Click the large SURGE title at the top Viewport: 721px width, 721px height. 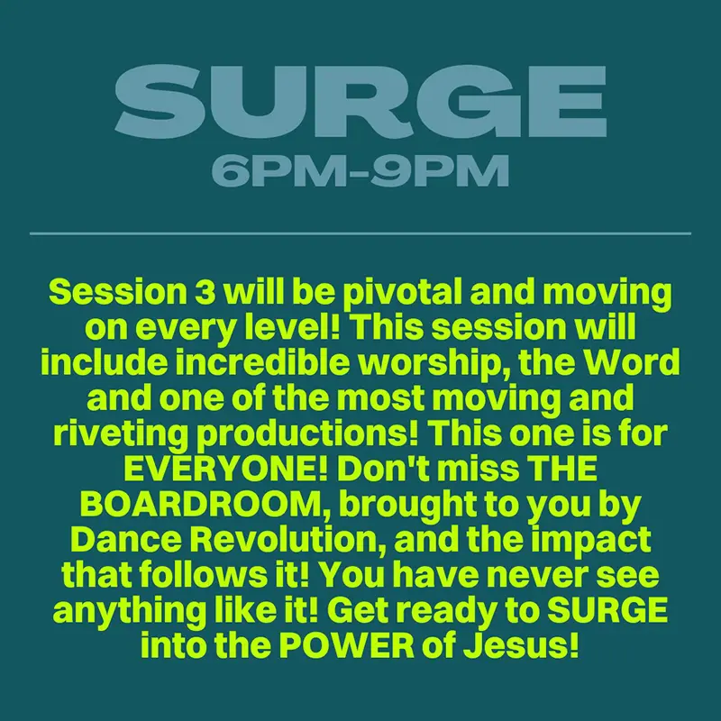tap(360, 101)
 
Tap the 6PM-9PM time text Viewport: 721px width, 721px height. tap(360, 170)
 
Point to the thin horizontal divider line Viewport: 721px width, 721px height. tap(360, 233)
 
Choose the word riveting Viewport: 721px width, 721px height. tap(121, 435)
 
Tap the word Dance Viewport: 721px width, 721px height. tap(126, 540)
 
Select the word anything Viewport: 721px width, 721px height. tap(130, 612)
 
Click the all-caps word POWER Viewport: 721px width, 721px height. tap(347, 646)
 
